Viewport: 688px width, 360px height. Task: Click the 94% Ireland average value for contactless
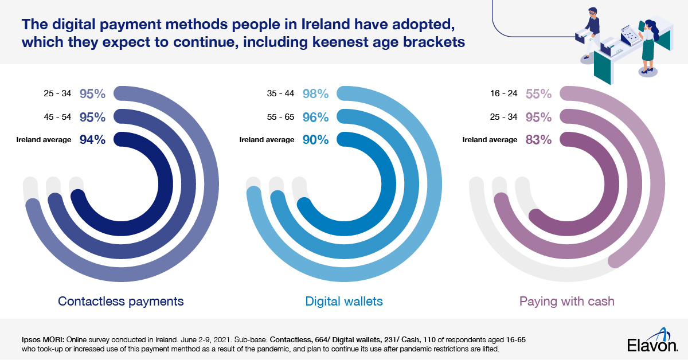click(x=93, y=139)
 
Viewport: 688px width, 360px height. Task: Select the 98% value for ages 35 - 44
click(x=316, y=93)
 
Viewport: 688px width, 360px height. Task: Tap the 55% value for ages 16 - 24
click(x=539, y=93)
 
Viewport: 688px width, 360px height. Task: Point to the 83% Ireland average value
click(x=539, y=139)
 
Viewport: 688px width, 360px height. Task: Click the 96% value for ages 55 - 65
click(x=316, y=117)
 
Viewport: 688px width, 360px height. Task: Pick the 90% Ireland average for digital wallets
click(x=316, y=139)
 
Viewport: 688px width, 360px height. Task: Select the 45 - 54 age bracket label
click(x=58, y=118)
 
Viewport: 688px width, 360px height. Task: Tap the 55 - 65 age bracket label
click(x=281, y=118)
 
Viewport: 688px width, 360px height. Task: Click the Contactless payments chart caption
click(x=121, y=301)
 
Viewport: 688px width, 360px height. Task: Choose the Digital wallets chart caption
click(x=344, y=301)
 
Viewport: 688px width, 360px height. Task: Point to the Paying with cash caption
click(x=566, y=301)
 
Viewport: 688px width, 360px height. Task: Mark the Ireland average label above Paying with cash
click(x=490, y=140)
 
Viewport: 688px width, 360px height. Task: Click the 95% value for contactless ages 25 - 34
click(x=93, y=93)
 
